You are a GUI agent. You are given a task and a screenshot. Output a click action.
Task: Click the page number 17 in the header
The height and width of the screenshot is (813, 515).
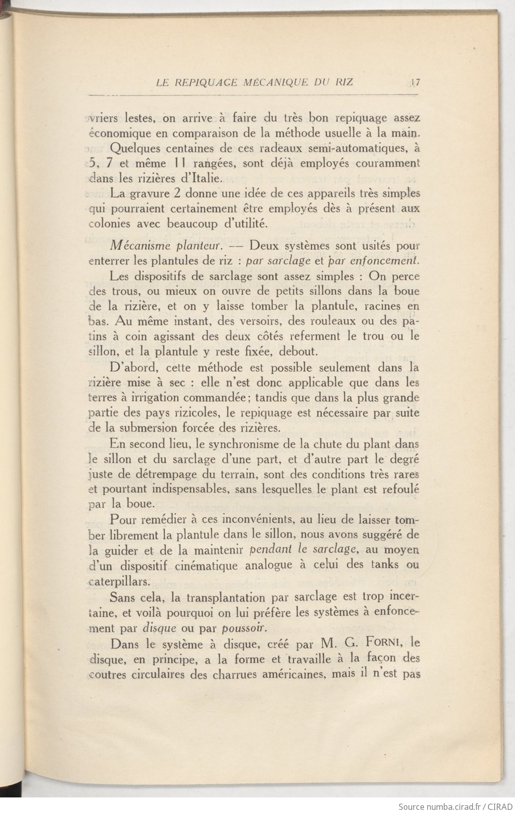pyautogui.click(x=416, y=82)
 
